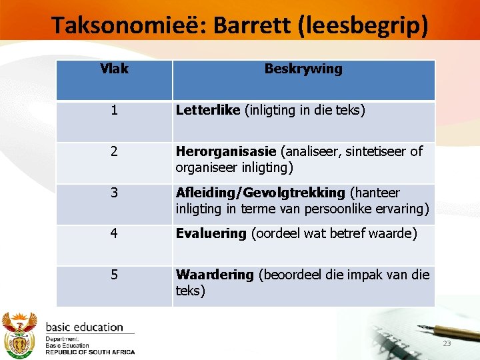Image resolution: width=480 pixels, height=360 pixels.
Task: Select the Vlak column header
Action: [114, 69]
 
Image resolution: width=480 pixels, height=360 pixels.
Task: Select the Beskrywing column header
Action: [303, 69]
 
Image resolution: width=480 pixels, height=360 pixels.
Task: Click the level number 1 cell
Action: [114, 110]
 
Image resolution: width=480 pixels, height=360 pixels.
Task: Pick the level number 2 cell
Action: [114, 151]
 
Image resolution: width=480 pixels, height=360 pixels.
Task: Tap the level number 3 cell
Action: [114, 193]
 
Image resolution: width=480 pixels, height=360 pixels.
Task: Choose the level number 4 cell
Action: [114, 234]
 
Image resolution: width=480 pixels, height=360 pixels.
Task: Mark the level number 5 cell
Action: [114, 275]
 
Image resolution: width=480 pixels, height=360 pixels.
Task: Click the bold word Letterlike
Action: [207, 110]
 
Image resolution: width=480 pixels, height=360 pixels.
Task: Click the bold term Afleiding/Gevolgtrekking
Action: [260, 193]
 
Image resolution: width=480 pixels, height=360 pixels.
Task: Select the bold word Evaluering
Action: [211, 234]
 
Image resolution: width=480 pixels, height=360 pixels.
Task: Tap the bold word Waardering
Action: [215, 275]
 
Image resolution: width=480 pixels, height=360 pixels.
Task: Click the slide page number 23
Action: [447, 343]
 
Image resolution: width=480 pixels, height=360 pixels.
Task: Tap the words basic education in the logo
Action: [84, 327]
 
